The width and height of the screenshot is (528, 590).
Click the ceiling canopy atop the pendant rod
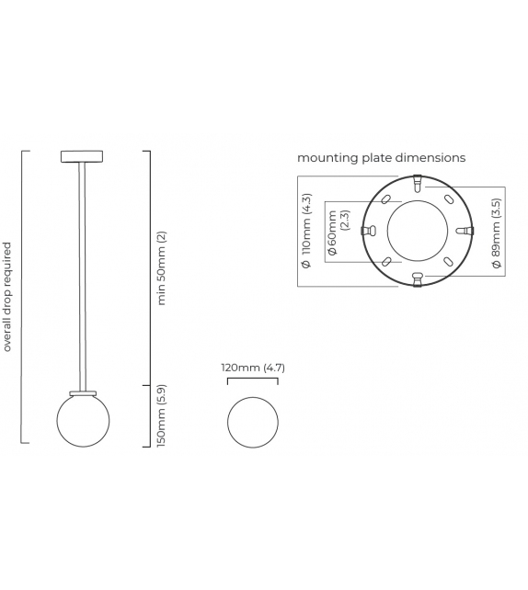click(83, 154)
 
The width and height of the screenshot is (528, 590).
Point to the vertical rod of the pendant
click(83, 276)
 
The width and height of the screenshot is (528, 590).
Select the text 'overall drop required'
click(8, 297)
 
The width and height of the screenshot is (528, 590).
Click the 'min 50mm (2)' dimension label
click(162, 268)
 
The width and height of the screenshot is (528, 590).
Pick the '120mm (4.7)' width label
click(253, 368)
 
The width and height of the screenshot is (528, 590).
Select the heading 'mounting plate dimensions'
click(381, 158)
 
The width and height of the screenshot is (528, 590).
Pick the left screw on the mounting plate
click(367, 231)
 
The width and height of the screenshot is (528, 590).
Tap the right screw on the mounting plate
click(466, 230)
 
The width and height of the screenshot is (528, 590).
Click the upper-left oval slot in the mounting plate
click(385, 199)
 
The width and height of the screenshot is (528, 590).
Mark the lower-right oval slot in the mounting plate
click(448, 261)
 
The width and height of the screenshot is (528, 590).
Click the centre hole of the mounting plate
click(417, 230)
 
